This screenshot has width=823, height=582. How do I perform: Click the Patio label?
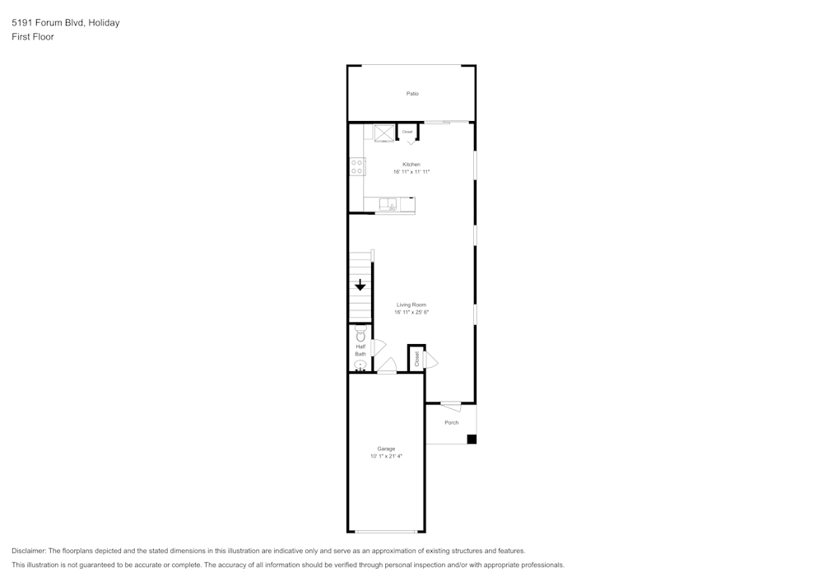(412, 94)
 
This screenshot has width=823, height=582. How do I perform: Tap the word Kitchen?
(411, 165)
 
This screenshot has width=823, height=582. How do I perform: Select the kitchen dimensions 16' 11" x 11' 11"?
(411, 171)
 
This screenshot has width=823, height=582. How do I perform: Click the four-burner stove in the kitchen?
(357, 167)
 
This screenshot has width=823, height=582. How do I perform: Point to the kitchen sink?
(393, 205)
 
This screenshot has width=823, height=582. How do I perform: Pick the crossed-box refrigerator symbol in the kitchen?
(384, 132)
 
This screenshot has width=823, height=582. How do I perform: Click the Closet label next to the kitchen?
(407, 132)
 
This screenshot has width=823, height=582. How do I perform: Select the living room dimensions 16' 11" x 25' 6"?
(411, 312)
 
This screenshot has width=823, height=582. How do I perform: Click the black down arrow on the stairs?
(360, 286)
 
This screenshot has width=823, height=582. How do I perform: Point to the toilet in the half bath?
(360, 335)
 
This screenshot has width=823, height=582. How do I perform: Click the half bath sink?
(360, 364)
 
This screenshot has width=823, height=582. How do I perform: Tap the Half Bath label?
(360, 351)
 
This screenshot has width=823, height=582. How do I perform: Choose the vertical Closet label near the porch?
(417, 359)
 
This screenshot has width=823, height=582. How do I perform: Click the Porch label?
(451, 423)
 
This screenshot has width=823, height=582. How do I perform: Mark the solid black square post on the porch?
(472, 439)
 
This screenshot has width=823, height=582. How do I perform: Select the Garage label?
(386, 449)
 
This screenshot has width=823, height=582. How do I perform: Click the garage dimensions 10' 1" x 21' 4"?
(386, 455)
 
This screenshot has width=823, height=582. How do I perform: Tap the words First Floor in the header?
(33, 37)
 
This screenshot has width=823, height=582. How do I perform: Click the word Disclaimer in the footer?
(29, 551)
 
